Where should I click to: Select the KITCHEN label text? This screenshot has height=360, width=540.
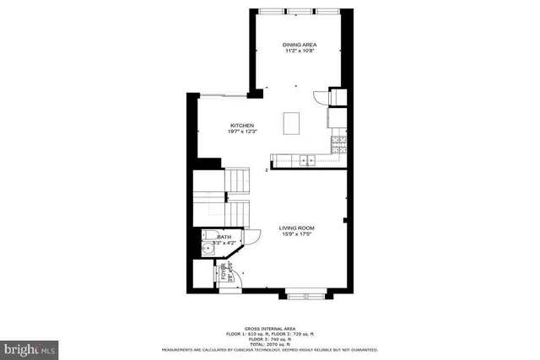click(x=242, y=126)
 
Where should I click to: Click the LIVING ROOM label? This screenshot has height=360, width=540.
click(x=297, y=228)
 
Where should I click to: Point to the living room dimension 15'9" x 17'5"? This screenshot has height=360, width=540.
click(x=297, y=235)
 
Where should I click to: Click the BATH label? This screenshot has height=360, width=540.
click(x=224, y=238)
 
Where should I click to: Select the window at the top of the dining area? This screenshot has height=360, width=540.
click(x=300, y=10)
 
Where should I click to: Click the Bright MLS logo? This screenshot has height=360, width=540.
click(x=30, y=347)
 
